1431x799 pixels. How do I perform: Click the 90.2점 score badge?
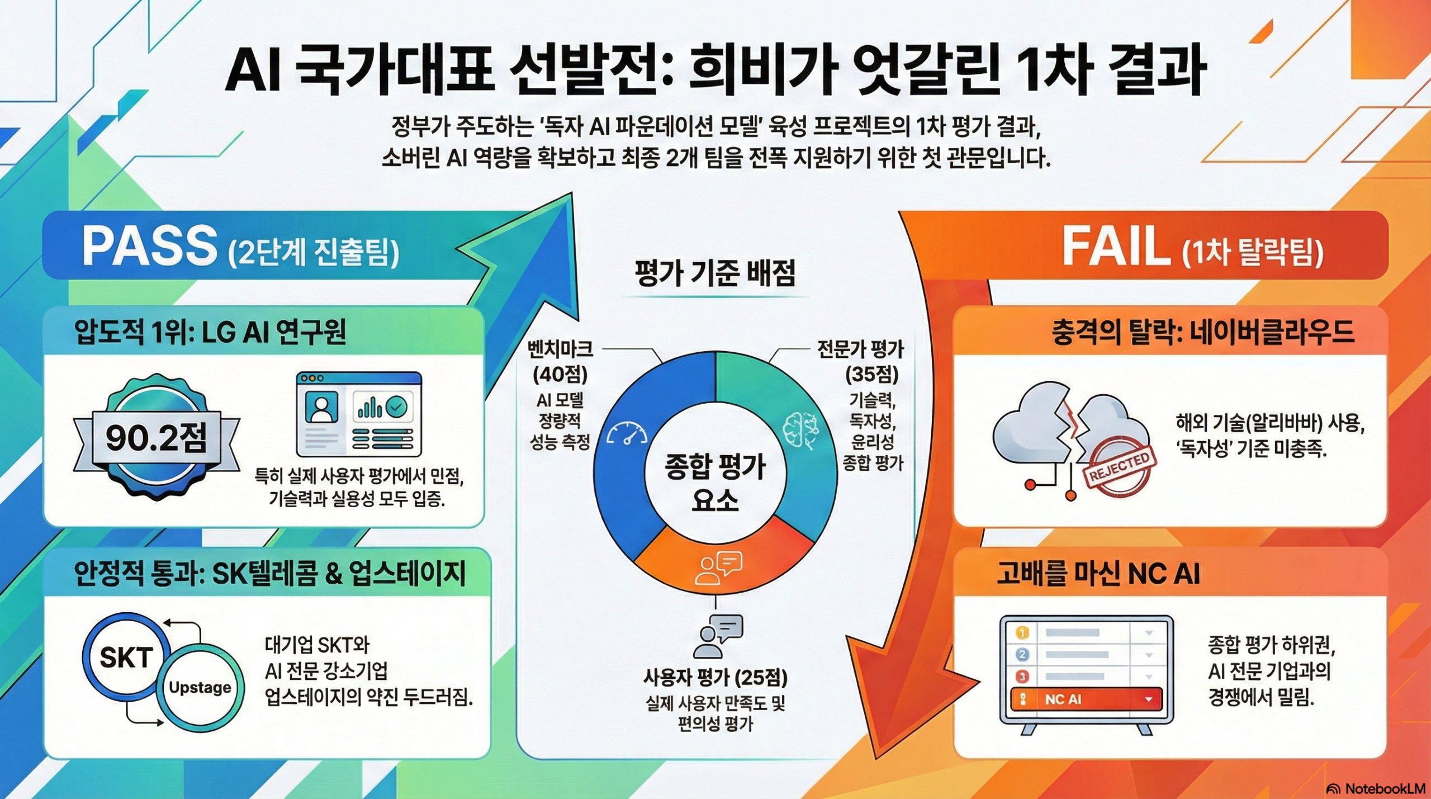point(156,438)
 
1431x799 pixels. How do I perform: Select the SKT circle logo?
point(126,658)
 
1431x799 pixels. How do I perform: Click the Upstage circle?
point(200,687)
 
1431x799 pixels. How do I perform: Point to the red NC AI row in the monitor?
point(1086,699)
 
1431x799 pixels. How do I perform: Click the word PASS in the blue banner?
point(149,246)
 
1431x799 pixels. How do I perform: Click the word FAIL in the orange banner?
point(1116,247)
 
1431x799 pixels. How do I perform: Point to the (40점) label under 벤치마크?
point(560,374)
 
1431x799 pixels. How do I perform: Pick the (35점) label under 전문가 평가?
point(871,374)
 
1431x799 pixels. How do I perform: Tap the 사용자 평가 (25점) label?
point(715,678)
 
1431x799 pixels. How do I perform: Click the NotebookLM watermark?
point(1376,789)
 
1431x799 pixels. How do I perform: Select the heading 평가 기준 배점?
point(715,273)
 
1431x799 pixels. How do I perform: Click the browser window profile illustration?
point(358,414)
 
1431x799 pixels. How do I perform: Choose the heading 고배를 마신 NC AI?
point(1098,574)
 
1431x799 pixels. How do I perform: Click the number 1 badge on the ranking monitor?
point(1022,633)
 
